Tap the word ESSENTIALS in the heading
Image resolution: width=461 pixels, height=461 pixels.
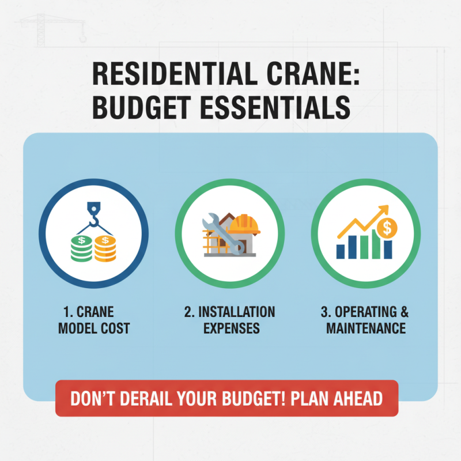click(x=276, y=108)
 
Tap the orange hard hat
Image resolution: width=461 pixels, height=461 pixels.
click(x=246, y=222)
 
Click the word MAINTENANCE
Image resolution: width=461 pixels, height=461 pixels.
click(x=365, y=328)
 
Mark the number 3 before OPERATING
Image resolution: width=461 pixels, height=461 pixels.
click(x=324, y=312)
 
